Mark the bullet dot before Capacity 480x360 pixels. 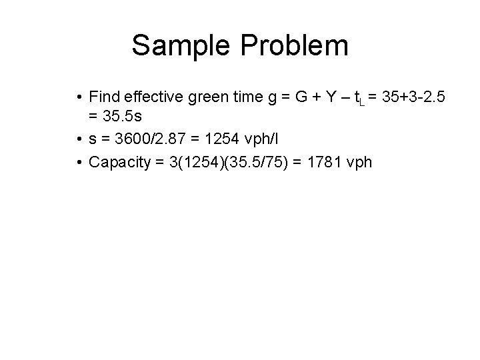(79, 162)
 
